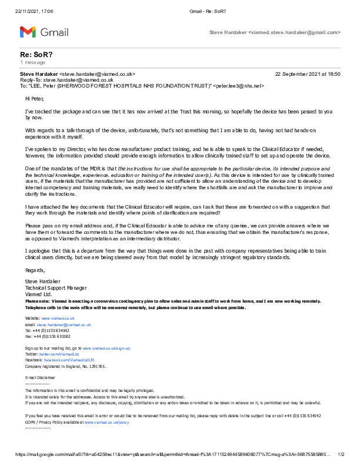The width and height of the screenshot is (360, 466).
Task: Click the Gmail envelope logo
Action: pos(28,32)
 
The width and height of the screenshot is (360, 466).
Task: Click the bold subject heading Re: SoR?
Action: pos(36,54)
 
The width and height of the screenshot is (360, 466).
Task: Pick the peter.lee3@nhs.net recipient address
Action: pos(238,86)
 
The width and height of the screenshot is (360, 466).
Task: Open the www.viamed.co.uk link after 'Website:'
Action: pos(56,318)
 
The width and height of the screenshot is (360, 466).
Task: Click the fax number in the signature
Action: pos(58,336)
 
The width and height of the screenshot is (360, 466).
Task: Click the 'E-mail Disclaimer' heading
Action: pos(40,377)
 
